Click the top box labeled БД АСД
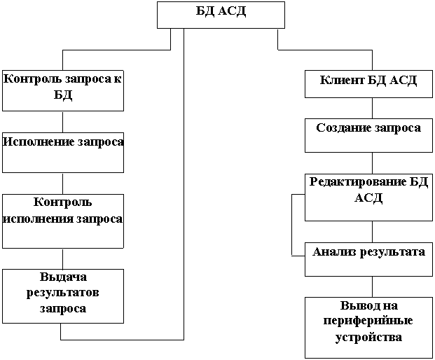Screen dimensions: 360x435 pos(221,15)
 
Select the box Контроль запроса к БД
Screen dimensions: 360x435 pos(63,90)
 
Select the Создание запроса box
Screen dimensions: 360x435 pos(368,135)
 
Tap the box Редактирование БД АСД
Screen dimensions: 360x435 pos(368,197)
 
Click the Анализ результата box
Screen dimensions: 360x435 pos(368,259)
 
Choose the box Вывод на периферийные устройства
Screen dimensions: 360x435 pos(368,327)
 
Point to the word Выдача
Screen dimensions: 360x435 pos(63,278)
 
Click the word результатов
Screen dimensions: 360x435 pos(63,293)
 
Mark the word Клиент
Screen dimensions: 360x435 pos(342,80)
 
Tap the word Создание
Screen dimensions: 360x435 pos(343,128)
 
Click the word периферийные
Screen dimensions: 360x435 pos(368,321)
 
